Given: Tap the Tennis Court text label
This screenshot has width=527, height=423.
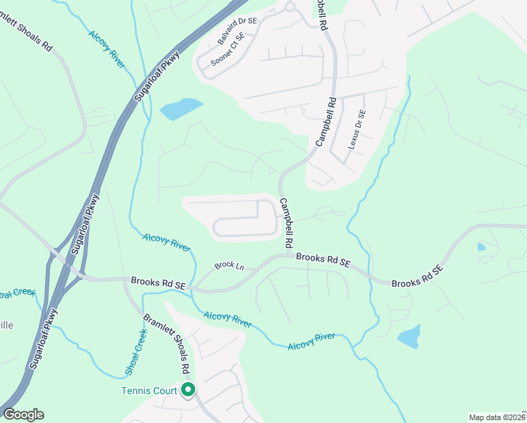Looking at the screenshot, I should pyautogui.click(x=150, y=390).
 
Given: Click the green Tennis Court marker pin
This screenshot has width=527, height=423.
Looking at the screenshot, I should pyautogui.click(x=187, y=389).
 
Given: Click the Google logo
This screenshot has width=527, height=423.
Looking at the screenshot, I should pyautogui.click(x=23, y=415).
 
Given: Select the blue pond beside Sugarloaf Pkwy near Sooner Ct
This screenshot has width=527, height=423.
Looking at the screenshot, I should pyautogui.click(x=181, y=109).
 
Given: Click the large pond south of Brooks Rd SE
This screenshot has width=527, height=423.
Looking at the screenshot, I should pyautogui.click(x=409, y=336).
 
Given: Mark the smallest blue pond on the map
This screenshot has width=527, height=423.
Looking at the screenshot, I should pyautogui.click(x=481, y=247).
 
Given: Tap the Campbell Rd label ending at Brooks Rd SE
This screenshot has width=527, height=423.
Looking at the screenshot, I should pyautogui.click(x=287, y=222).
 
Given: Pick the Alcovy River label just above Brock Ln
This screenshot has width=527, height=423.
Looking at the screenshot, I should pyautogui.click(x=166, y=243).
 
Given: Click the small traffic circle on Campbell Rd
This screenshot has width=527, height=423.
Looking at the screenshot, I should pyautogui.click(x=288, y=7).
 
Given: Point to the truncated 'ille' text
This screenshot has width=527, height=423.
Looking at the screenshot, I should pyautogui.click(x=7, y=325).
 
